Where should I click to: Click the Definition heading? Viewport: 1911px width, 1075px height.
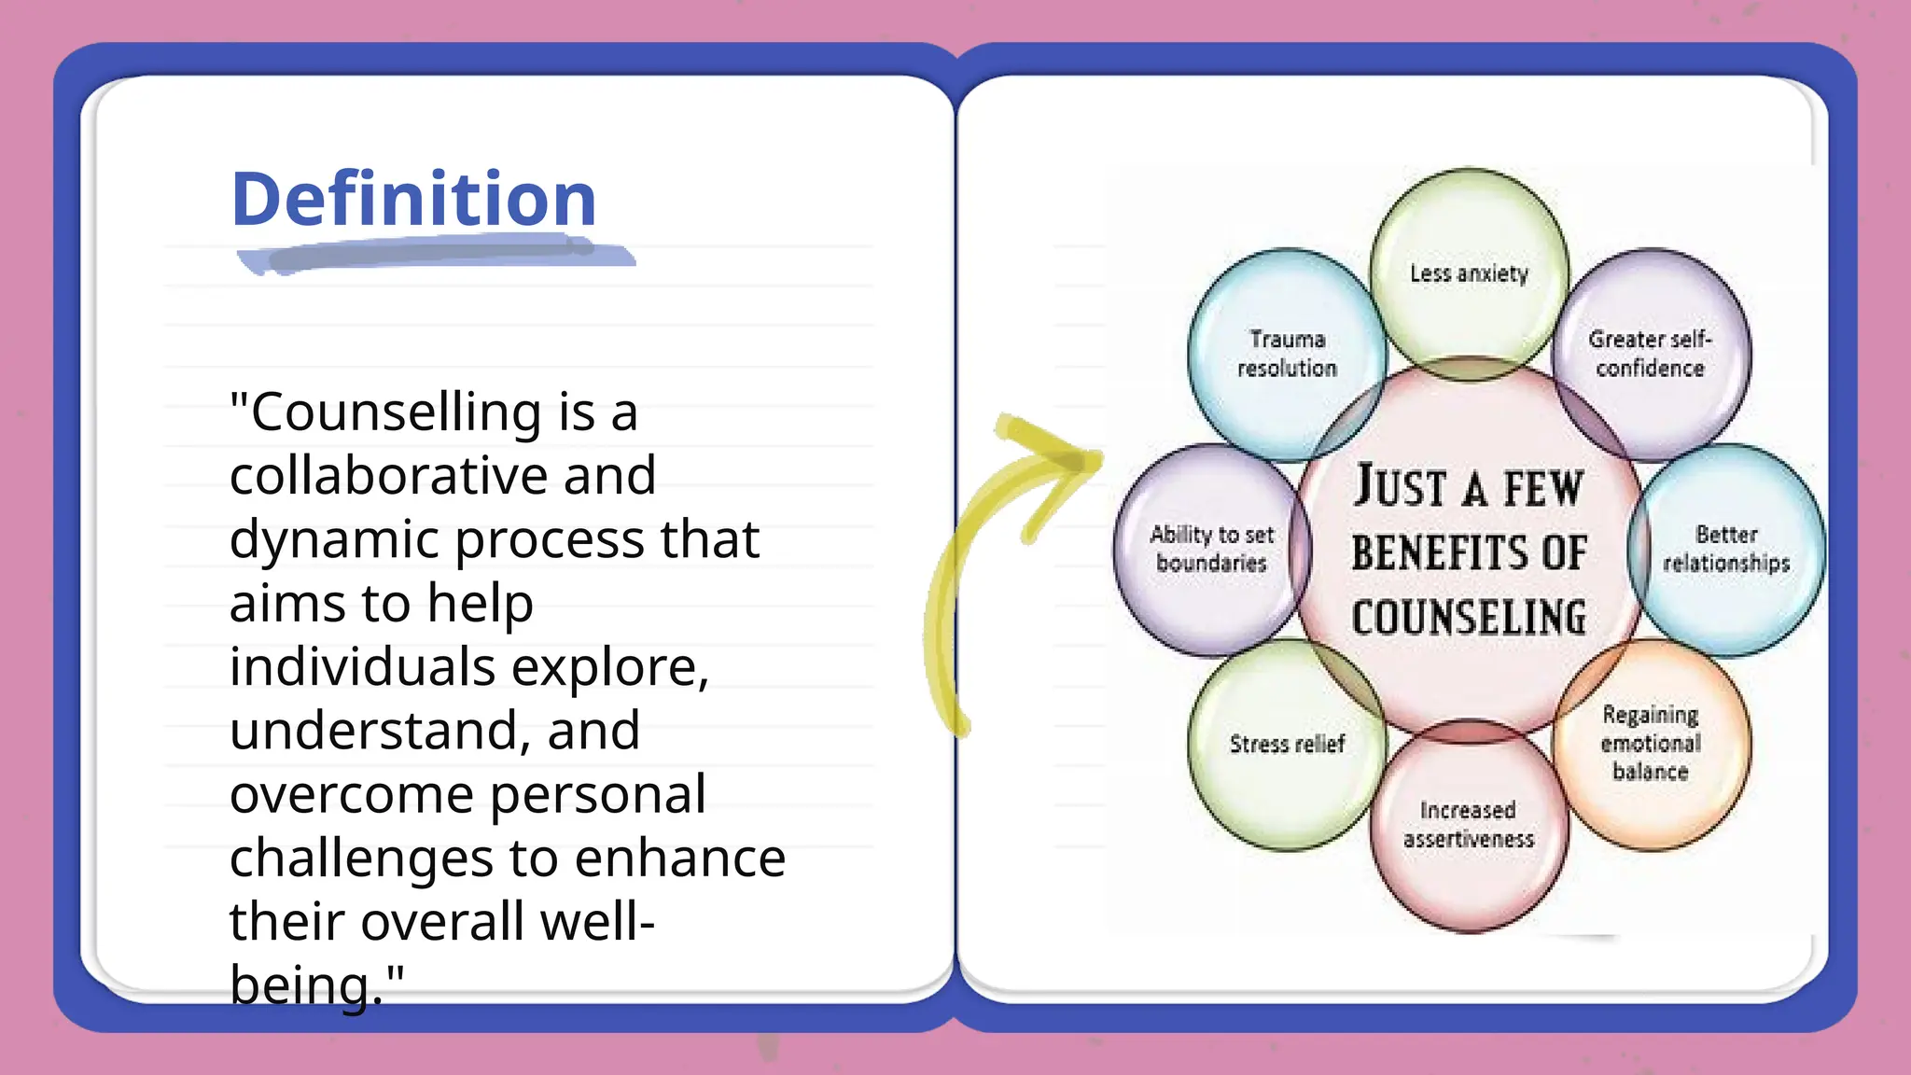413,199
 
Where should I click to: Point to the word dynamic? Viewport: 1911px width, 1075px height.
334,540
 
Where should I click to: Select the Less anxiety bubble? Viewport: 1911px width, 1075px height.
1469,273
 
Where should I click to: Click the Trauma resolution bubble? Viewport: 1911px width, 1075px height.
1287,354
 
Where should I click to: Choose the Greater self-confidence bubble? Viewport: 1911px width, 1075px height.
1650,354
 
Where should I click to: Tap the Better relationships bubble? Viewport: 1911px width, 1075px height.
1726,549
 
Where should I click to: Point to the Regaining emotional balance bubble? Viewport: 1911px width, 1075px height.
1650,743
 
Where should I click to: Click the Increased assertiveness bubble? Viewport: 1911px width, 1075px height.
1468,824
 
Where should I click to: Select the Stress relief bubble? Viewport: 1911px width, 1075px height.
1287,744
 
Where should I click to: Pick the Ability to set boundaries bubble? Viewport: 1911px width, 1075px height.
1211,549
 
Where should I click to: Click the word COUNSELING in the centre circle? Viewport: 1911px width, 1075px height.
1469,618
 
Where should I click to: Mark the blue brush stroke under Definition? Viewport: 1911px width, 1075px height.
434,254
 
